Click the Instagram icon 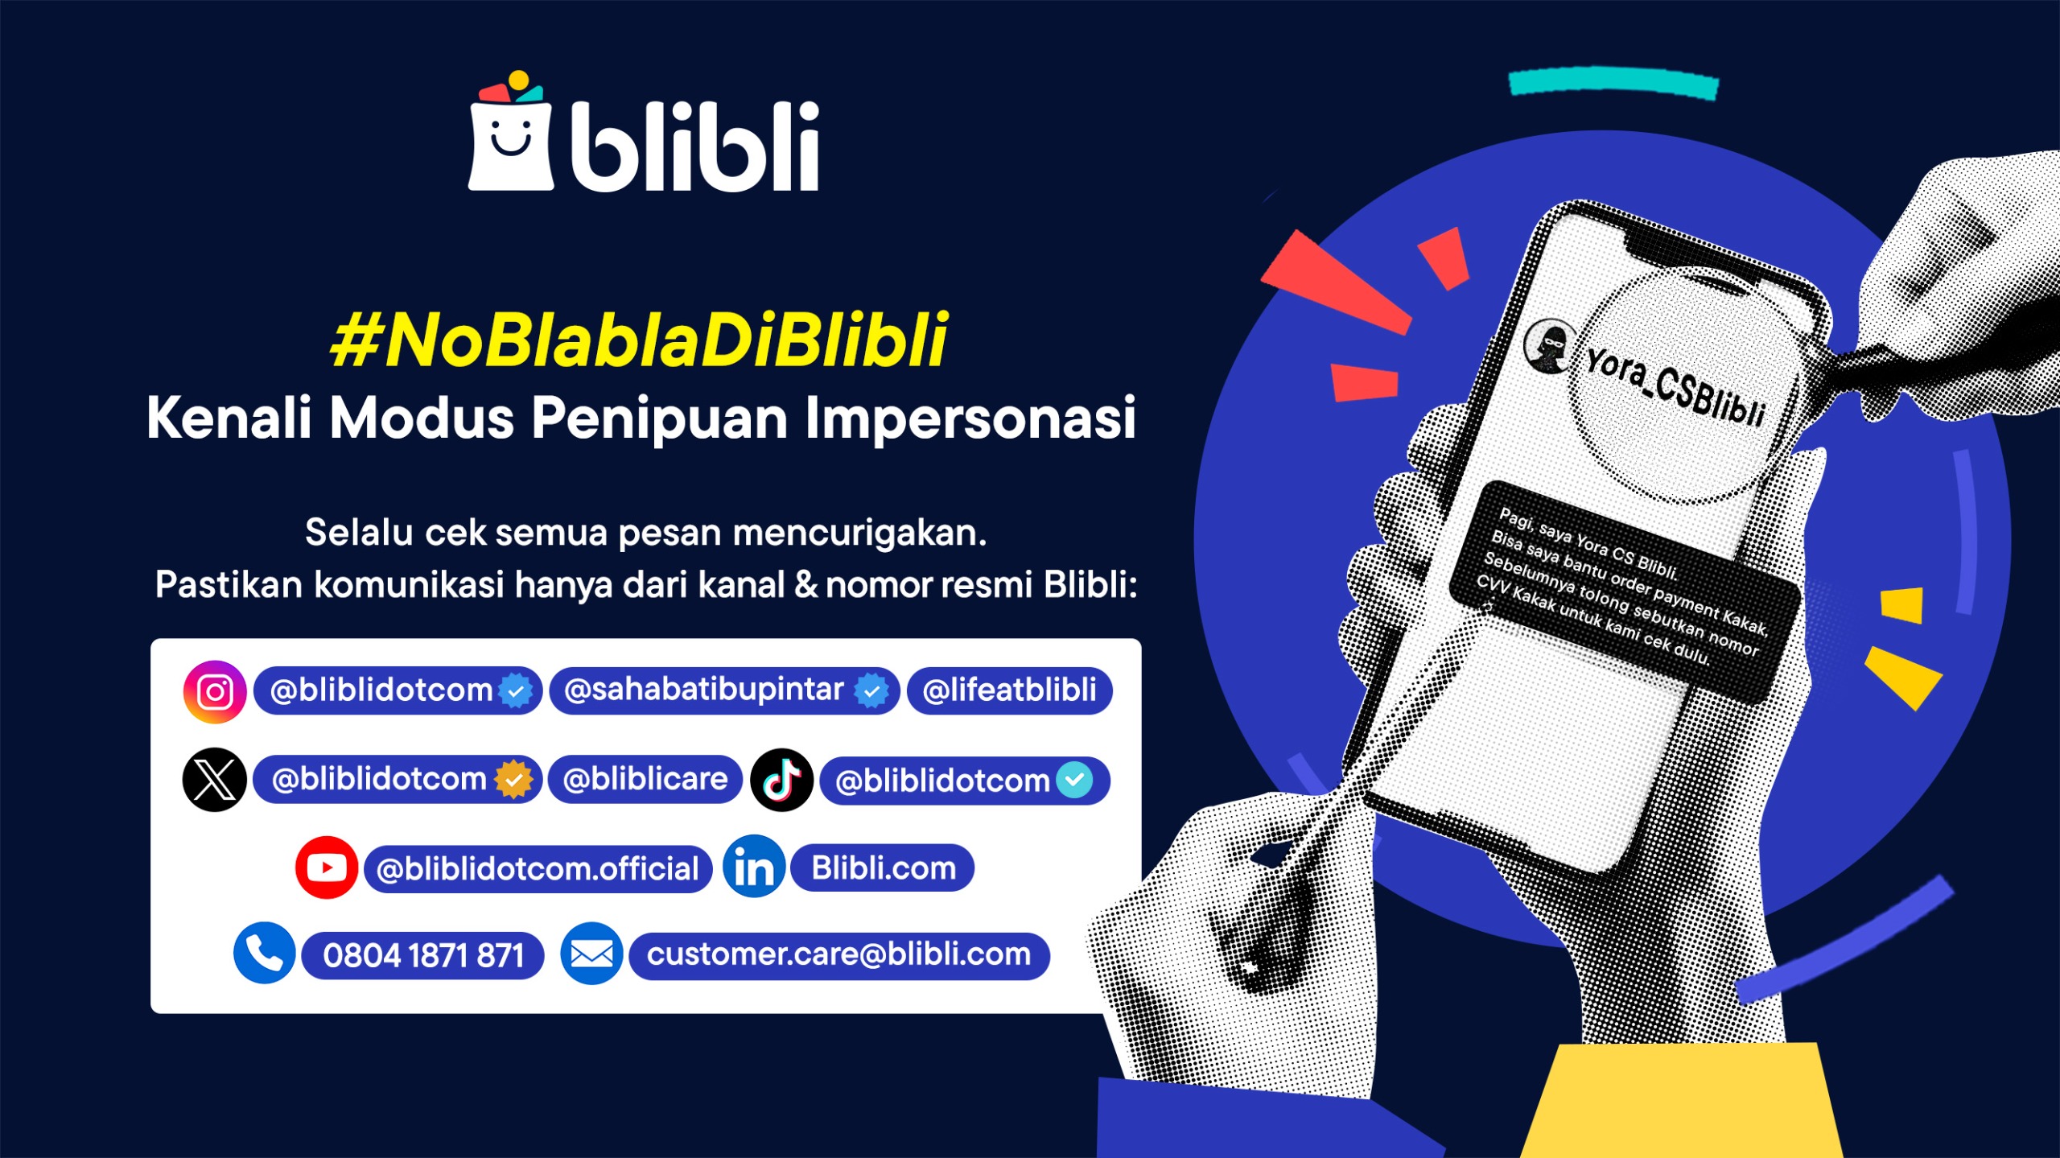pyautogui.click(x=215, y=692)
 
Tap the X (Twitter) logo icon pyautogui.click(x=215, y=780)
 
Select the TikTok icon pyautogui.click(x=781, y=780)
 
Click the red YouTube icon pyautogui.click(x=327, y=867)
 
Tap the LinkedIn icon pyautogui.click(x=754, y=867)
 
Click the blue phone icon pyautogui.click(x=265, y=953)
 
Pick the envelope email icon pyautogui.click(x=591, y=954)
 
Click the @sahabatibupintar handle pyautogui.click(x=704, y=690)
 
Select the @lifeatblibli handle pyautogui.click(x=1009, y=690)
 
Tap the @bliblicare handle pyautogui.click(x=645, y=779)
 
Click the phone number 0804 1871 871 pyautogui.click(x=423, y=955)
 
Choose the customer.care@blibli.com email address pyautogui.click(x=839, y=954)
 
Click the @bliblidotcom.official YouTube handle pyautogui.click(x=538, y=869)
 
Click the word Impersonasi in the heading pyautogui.click(x=970, y=418)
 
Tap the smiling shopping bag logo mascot pyautogui.click(x=511, y=131)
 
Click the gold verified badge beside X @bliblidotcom pyautogui.click(x=513, y=779)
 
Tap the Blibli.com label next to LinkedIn pyautogui.click(x=884, y=868)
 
